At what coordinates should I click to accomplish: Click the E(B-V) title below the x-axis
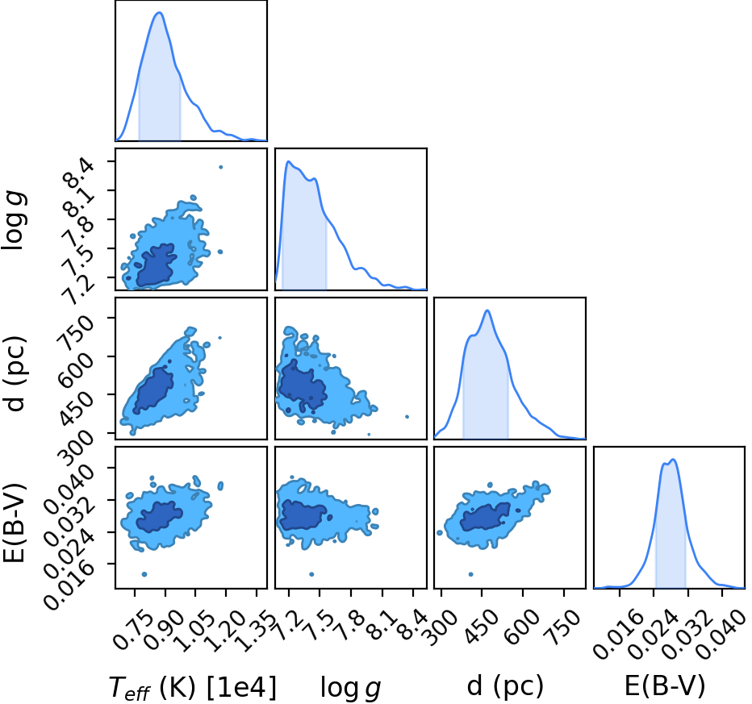[665, 685]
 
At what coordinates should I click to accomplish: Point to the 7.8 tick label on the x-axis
[351, 627]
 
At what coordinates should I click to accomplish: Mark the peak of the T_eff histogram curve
[159, 12]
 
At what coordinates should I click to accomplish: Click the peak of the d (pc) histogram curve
[487, 310]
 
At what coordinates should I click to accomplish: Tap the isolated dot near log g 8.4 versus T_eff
[220, 167]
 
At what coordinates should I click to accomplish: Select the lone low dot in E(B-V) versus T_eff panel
[144, 574]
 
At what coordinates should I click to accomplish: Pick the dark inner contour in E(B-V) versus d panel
[486, 517]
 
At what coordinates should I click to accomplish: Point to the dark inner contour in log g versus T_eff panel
[154, 266]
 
